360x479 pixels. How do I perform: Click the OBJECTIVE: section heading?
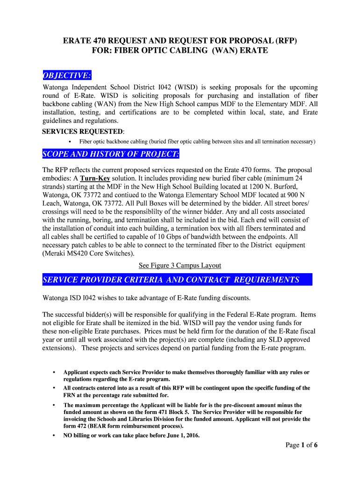67,76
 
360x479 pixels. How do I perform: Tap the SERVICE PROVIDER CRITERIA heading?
171,280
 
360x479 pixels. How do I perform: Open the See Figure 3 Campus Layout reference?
180,265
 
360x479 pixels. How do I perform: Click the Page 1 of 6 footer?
302,445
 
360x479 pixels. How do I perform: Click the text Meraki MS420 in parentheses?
67,254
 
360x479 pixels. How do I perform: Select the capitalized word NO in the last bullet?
68,435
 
